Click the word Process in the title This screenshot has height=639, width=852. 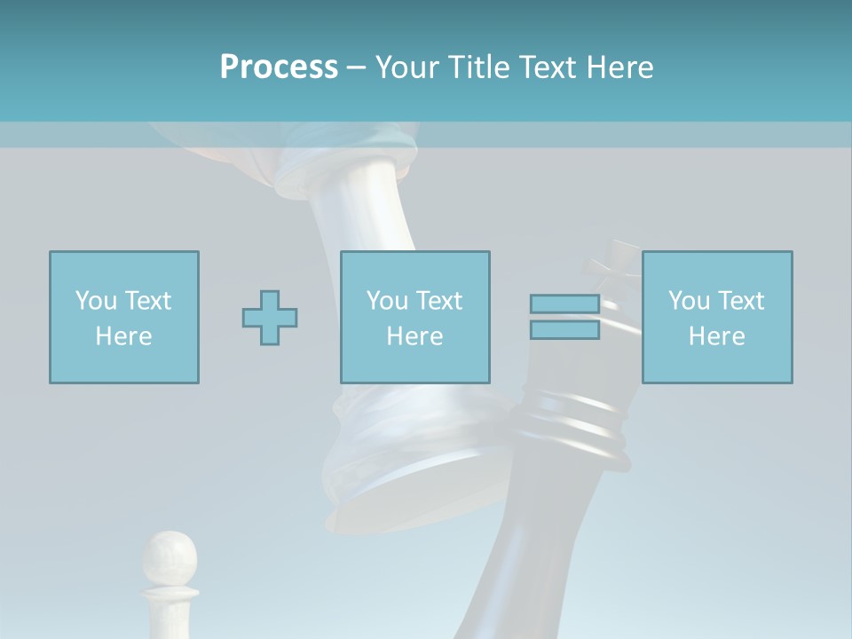tap(279, 67)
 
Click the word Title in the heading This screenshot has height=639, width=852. tap(481, 67)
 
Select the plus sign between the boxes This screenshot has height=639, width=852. tap(270, 318)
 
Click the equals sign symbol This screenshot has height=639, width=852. tap(564, 317)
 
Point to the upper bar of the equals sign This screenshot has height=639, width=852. tap(564, 304)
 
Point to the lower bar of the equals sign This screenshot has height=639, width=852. tap(564, 329)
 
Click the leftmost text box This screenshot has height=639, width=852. tap(124, 317)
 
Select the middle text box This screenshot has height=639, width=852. tap(415, 317)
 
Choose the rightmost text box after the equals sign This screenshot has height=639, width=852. tap(717, 317)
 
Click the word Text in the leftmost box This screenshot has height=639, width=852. tap(147, 301)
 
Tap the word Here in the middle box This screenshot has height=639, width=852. tap(415, 336)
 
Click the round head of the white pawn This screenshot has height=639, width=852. tap(170, 556)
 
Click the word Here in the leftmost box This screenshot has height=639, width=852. tap(124, 336)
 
